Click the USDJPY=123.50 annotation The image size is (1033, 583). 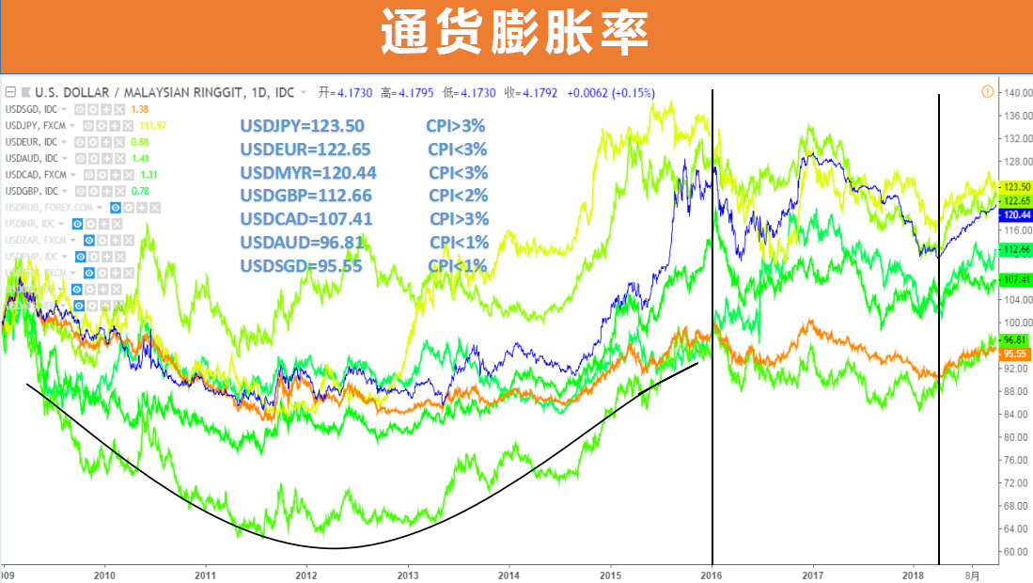point(302,126)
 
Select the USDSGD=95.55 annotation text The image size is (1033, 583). point(302,266)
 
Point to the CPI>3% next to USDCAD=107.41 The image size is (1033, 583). point(460,219)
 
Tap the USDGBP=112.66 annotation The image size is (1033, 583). point(305,196)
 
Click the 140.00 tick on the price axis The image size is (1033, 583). point(1018,93)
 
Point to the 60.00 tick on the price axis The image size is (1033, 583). point(1016,552)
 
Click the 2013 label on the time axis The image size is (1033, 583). point(407,574)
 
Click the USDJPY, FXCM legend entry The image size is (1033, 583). point(37,126)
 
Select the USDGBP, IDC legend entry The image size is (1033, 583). point(31,191)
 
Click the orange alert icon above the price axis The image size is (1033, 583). point(987,91)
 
